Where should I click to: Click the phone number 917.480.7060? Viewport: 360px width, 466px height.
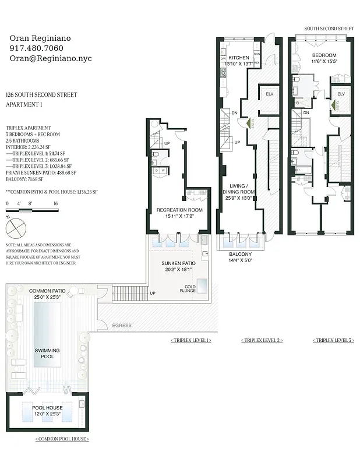(x=37, y=48)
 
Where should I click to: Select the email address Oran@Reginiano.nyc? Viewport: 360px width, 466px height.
(x=51, y=59)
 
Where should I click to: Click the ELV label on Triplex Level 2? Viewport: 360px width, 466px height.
(x=269, y=94)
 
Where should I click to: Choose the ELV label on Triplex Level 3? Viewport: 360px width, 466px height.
(x=341, y=94)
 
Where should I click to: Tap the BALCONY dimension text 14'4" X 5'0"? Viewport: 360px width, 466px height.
(x=240, y=260)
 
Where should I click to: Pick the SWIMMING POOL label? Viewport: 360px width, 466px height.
(x=47, y=353)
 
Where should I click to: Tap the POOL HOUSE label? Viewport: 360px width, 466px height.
(x=47, y=408)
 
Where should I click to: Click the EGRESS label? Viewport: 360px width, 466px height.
(x=122, y=325)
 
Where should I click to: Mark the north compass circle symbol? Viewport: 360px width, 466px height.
(x=17, y=224)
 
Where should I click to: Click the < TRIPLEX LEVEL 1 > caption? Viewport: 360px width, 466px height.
(x=191, y=340)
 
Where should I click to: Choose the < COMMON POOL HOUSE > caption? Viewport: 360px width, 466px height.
(x=62, y=439)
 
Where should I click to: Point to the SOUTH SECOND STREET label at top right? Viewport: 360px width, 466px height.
(x=329, y=28)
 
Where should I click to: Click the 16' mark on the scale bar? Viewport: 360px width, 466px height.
(x=56, y=204)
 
